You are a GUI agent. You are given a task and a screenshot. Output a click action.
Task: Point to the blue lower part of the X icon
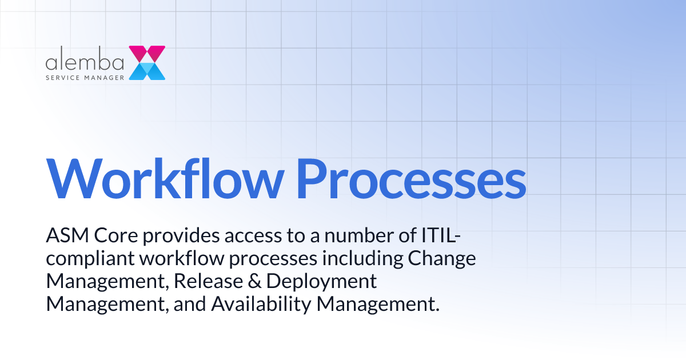(x=147, y=71)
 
